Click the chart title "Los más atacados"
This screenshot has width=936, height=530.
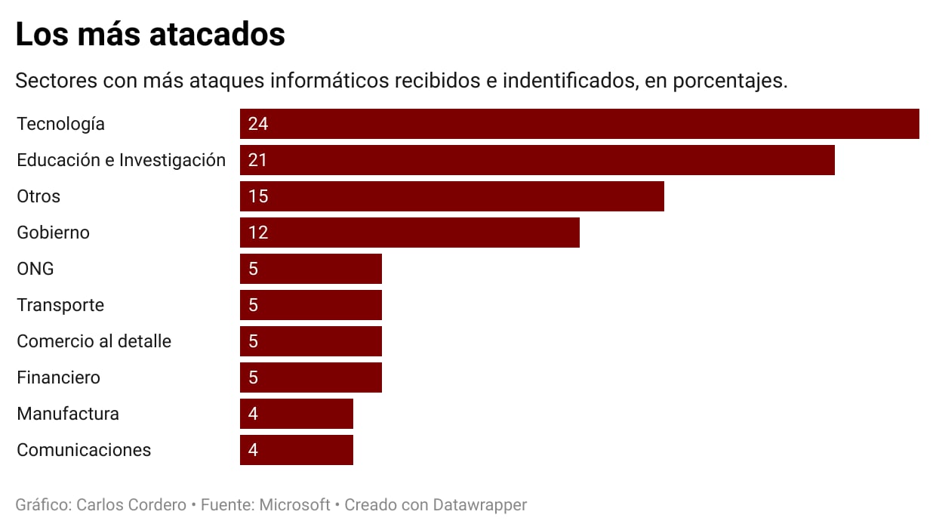click(x=150, y=35)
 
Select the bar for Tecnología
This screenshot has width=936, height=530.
click(x=579, y=124)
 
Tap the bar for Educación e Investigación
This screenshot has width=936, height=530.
click(x=537, y=160)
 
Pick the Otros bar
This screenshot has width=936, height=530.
click(x=451, y=196)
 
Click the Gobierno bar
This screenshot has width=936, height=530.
click(x=409, y=233)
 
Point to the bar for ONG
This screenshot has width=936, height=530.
click(x=310, y=269)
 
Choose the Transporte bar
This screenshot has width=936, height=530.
click(x=310, y=305)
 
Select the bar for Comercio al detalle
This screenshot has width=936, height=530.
click(x=310, y=341)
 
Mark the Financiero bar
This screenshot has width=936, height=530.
click(x=310, y=377)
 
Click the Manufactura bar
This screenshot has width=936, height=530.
click(x=296, y=414)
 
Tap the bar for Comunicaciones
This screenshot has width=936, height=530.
click(x=296, y=450)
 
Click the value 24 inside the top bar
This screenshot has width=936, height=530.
click(x=258, y=124)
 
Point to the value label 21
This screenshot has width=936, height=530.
click(x=257, y=160)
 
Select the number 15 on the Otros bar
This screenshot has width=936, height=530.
click(x=258, y=196)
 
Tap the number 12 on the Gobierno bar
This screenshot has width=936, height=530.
click(x=258, y=233)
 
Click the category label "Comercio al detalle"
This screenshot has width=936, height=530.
click(x=94, y=341)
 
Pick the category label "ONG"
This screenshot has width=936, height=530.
click(x=35, y=269)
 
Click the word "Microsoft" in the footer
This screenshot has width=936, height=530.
click(x=294, y=504)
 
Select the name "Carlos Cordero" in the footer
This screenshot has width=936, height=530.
click(x=131, y=504)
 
